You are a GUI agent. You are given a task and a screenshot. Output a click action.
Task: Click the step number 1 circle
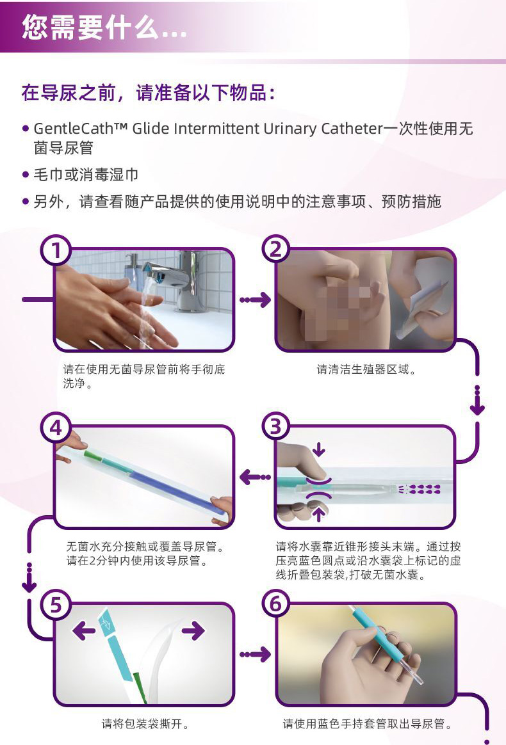[x=56, y=250]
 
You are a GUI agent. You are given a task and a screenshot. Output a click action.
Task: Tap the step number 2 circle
[x=276, y=249]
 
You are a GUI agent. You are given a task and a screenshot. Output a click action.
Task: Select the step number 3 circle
[x=276, y=427]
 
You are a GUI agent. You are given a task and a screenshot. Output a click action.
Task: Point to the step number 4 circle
[x=56, y=428]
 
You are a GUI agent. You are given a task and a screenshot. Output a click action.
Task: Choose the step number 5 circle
[x=56, y=605]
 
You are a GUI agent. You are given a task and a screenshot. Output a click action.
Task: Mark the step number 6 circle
[x=276, y=604]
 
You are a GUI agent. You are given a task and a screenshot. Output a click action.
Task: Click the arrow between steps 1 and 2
[x=256, y=300]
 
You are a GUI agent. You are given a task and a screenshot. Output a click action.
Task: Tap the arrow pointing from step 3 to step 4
[x=255, y=477]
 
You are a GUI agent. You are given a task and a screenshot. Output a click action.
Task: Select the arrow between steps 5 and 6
[x=256, y=655]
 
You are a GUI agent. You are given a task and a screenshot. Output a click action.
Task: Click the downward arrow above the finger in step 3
[x=318, y=449]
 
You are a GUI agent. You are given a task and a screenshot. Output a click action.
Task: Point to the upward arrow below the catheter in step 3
[x=319, y=513]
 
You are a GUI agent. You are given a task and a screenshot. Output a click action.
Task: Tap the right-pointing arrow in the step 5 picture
[x=193, y=630]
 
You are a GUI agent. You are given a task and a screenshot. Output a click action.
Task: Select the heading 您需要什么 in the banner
[x=90, y=27]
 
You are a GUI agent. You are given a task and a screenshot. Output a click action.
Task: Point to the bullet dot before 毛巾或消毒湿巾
[x=26, y=175]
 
